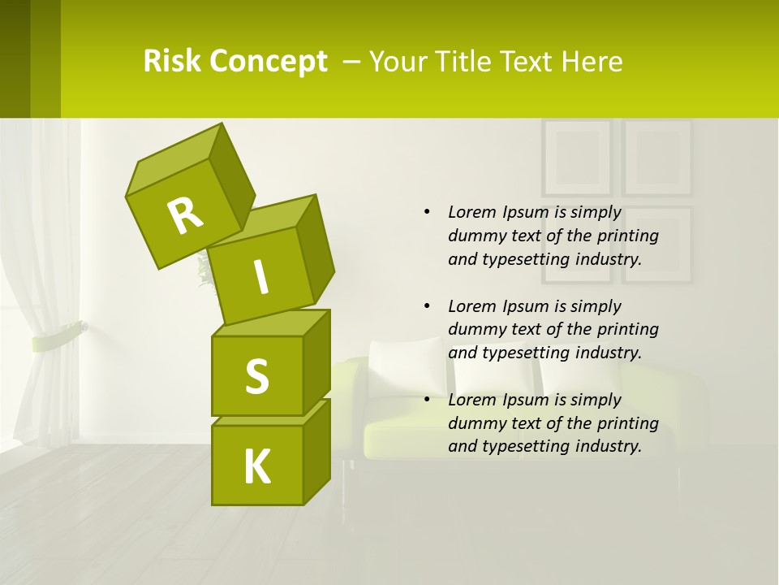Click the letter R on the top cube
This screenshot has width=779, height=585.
coord(185,215)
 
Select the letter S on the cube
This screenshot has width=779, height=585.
coord(256,376)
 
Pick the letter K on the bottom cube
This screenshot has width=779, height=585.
coord(256,467)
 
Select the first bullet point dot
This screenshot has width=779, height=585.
coord(427,212)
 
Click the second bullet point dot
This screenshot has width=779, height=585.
coord(427,306)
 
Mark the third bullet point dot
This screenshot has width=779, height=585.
coord(427,400)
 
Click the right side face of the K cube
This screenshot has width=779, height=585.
coord(316,451)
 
